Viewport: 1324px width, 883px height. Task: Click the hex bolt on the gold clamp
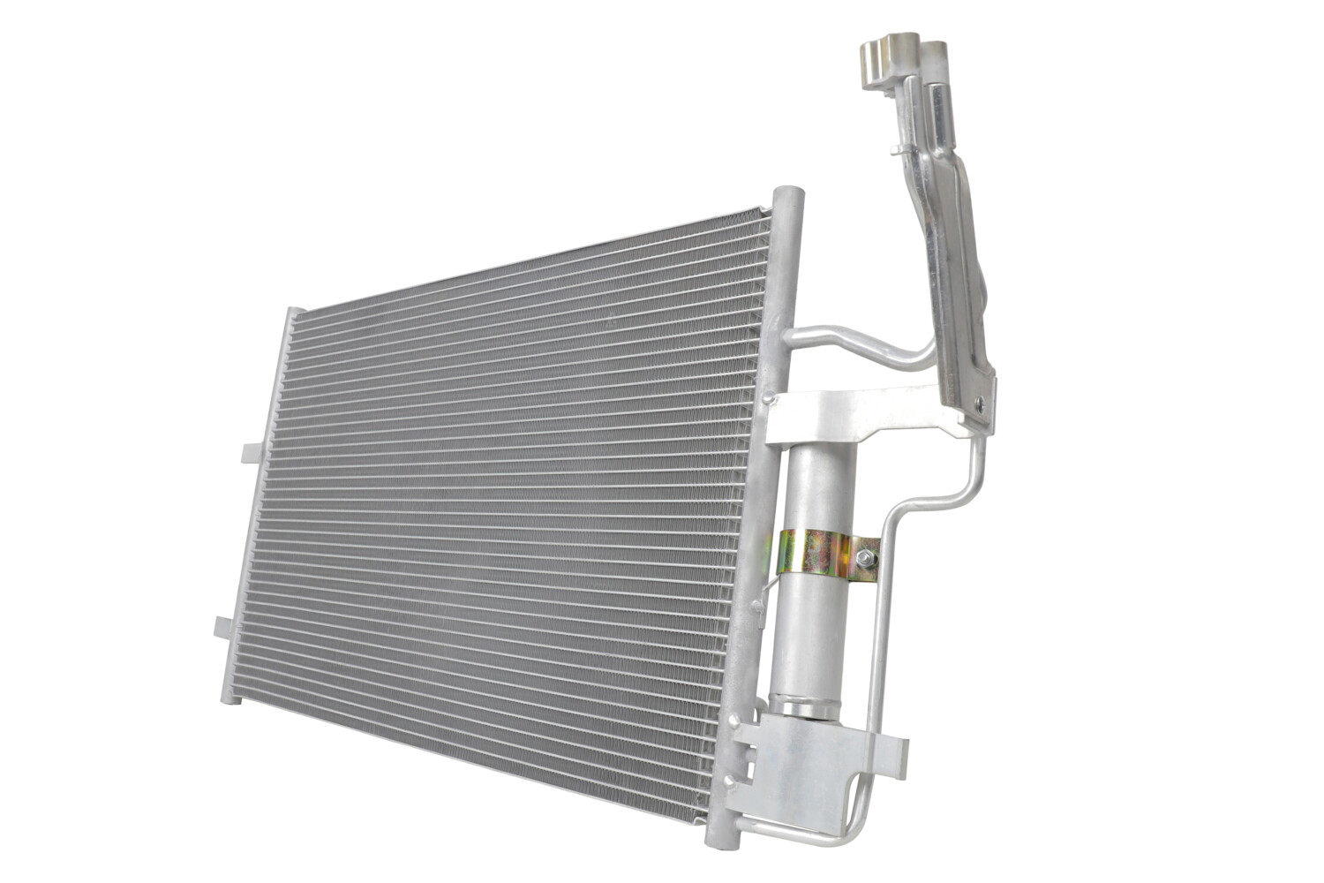(864, 558)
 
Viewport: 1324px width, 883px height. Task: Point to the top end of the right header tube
(788, 196)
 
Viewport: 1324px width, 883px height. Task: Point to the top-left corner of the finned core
(297, 313)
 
